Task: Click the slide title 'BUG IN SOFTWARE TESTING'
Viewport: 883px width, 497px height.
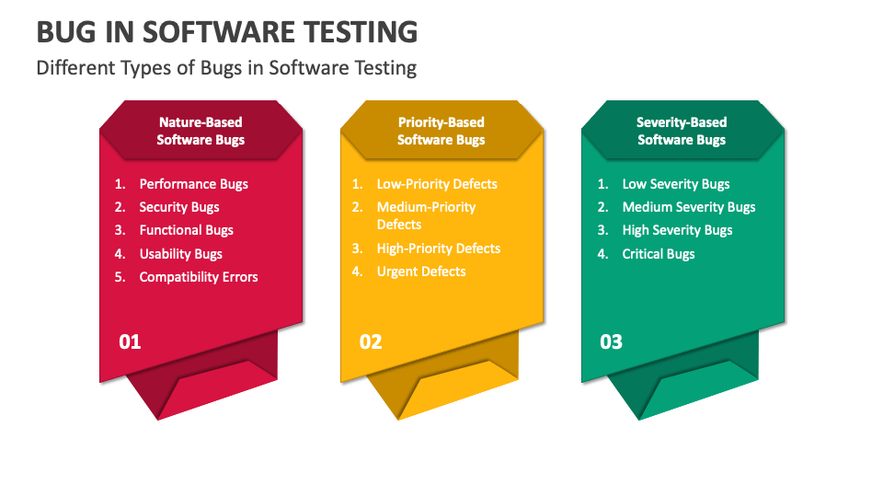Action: point(227,32)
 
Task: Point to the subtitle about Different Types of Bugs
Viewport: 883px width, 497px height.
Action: point(226,67)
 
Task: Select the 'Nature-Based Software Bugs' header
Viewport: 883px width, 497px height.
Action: point(201,131)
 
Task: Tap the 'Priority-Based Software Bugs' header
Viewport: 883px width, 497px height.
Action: point(441,131)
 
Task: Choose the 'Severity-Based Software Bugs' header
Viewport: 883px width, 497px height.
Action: point(682,131)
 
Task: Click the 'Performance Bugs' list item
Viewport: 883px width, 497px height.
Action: point(194,184)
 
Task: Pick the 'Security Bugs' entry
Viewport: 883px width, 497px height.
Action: point(179,207)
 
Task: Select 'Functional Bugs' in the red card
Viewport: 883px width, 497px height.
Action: point(187,230)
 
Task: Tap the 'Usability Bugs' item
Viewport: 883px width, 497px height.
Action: point(181,254)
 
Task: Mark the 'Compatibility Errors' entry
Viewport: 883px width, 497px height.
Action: point(199,277)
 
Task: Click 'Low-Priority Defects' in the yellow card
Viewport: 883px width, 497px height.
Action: point(437,184)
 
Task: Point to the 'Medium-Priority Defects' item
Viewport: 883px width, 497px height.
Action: point(426,215)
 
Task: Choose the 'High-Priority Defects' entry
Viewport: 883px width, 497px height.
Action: point(439,248)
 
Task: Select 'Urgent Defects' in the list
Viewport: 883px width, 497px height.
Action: point(421,272)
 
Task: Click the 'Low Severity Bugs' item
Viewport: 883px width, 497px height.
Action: point(676,184)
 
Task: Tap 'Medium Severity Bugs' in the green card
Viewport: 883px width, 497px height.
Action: point(689,207)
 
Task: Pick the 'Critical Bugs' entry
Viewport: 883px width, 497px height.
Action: point(659,254)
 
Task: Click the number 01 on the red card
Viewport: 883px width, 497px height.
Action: point(130,342)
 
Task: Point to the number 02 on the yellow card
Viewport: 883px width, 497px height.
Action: point(371,342)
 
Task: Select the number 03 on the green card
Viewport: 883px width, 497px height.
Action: point(611,342)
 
